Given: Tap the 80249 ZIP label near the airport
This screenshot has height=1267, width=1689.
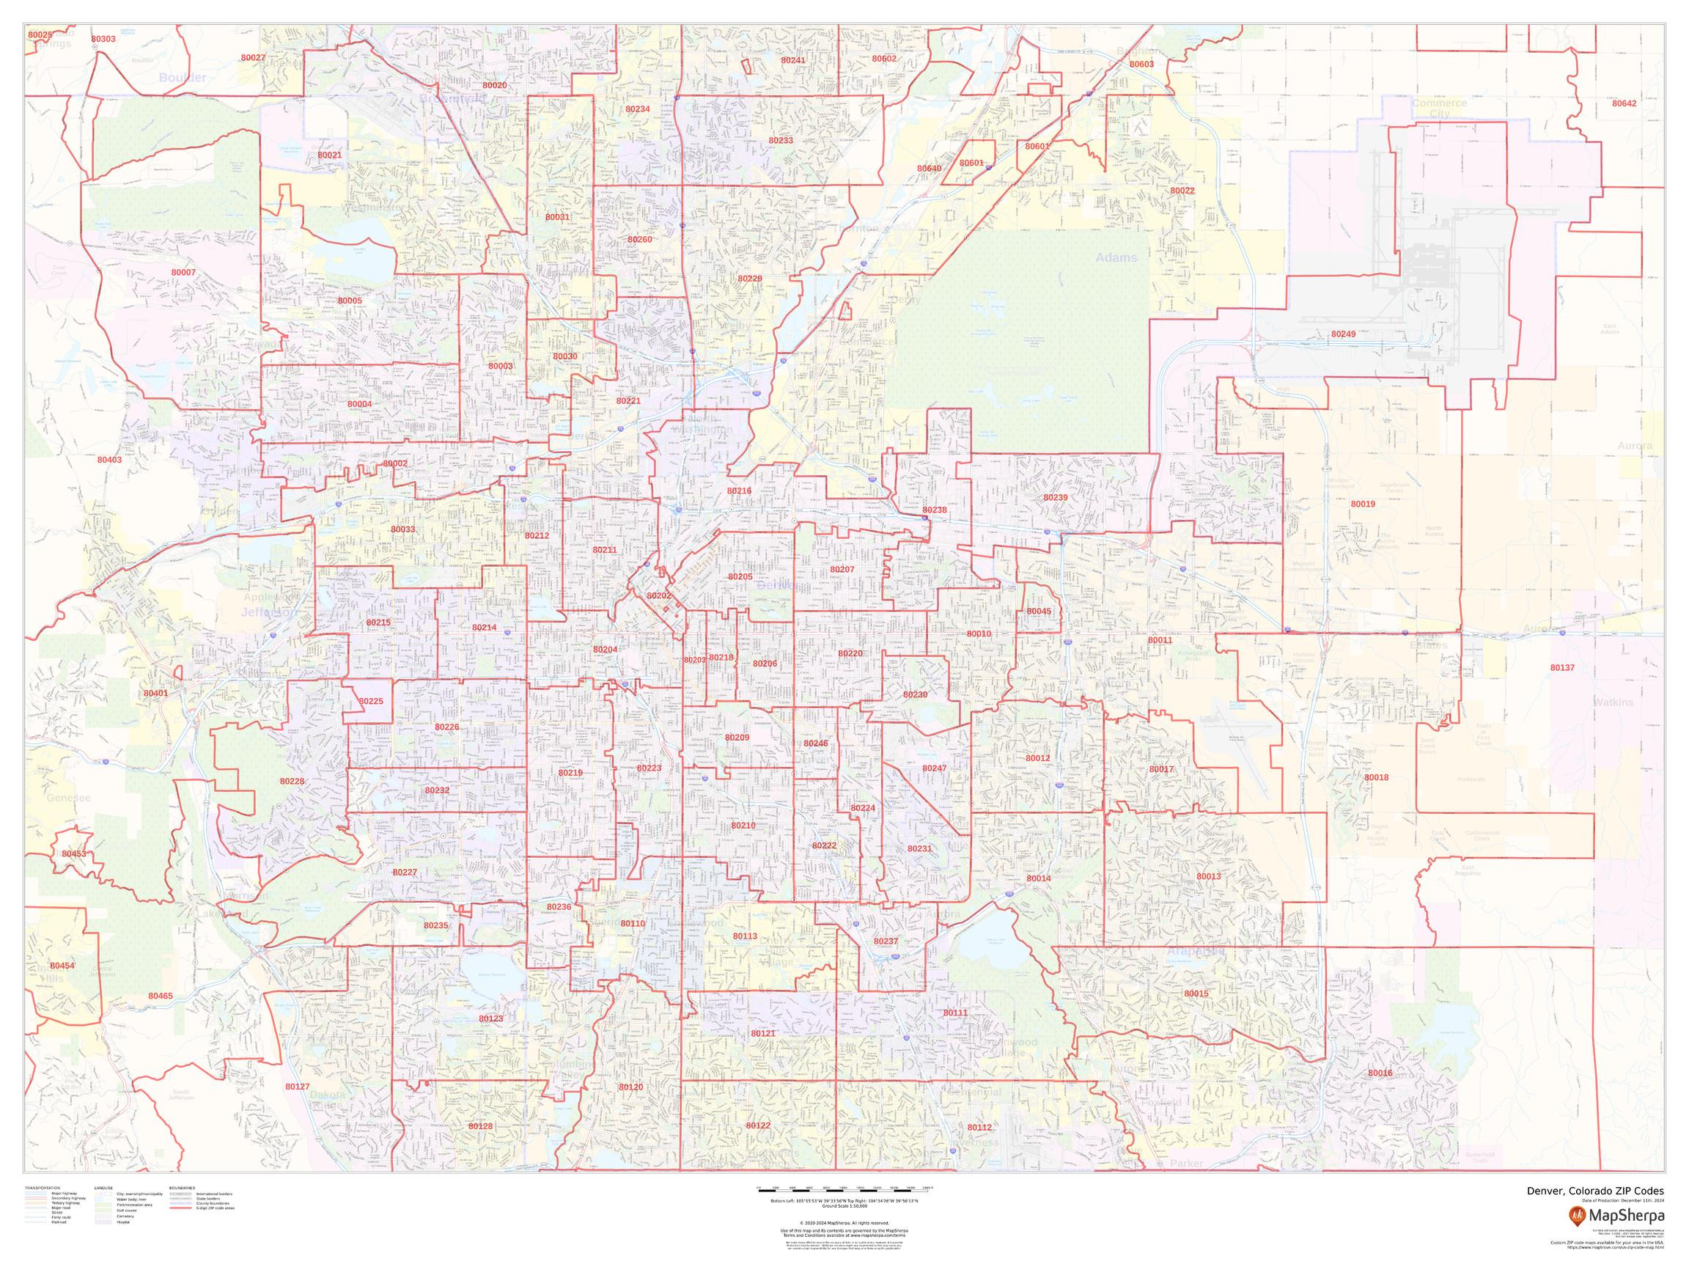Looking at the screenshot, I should click(x=1343, y=334).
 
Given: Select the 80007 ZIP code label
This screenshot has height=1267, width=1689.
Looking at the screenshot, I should click(x=183, y=273).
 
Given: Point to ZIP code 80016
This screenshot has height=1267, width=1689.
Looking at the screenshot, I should click(x=1380, y=1073).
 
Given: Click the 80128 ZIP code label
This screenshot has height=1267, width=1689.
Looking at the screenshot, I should click(x=480, y=1125).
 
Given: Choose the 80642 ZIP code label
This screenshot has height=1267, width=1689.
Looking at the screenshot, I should click(x=1624, y=103).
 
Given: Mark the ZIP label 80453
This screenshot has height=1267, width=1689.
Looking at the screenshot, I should click(x=74, y=853).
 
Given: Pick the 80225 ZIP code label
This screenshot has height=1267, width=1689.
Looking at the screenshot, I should click(x=371, y=701).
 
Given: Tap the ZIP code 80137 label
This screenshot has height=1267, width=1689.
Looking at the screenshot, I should click(x=1562, y=667).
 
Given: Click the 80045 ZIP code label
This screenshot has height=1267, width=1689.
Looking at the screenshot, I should click(x=1039, y=612).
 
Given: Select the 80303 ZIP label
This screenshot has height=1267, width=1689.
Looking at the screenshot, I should click(x=103, y=39).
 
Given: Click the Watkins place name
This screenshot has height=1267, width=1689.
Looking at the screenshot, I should click(x=1613, y=702).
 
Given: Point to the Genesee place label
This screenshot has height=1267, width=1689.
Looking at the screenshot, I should click(x=68, y=798).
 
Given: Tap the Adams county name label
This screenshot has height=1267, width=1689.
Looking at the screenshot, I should click(x=1116, y=258).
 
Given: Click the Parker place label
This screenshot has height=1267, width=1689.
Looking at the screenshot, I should click(x=1186, y=1164).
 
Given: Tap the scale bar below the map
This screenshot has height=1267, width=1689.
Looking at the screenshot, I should click(x=844, y=1189).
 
